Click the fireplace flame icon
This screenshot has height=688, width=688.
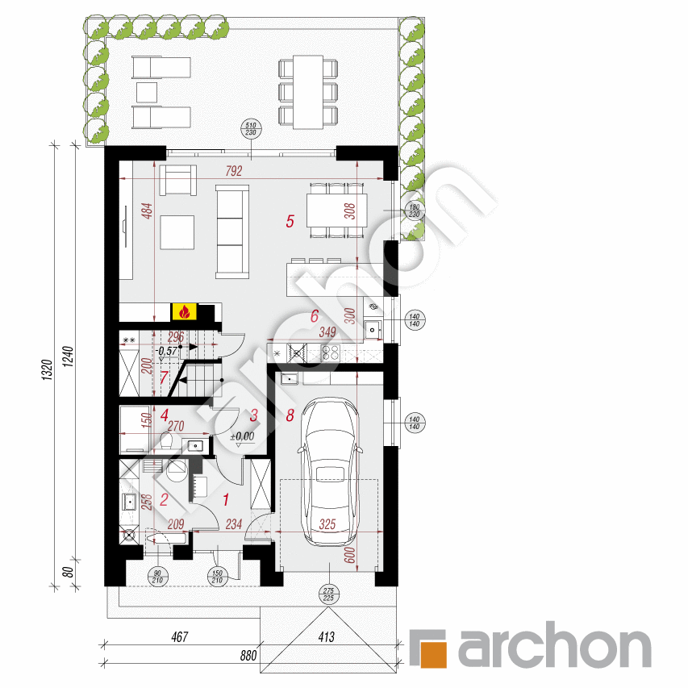click(184, 311)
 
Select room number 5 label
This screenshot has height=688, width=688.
click(290, 220)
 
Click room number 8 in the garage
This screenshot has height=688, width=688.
click(290, 416)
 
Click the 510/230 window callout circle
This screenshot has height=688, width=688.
click(250, 130)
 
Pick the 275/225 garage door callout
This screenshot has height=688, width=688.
click(328, 594)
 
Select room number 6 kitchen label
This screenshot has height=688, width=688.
click(315, 317)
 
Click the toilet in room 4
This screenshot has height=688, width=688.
click(167, 440)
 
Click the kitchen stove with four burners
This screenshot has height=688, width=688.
click(331, 352)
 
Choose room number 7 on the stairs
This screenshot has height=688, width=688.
click(164, 376)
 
